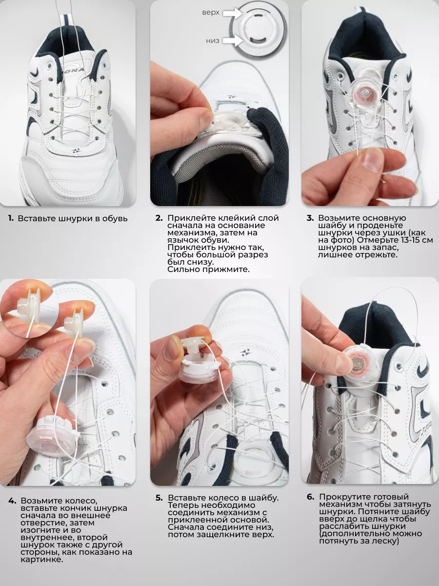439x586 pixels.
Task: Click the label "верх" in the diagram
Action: coord(211,13)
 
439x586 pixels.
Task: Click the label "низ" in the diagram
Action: coord(213,41)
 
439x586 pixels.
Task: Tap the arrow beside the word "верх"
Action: coord(233,13)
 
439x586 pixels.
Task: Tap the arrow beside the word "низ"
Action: coord(233,41)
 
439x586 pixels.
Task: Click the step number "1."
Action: coord(11,218)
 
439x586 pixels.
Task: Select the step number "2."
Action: coord(159,218)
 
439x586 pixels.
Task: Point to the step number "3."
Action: coord(310,218)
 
